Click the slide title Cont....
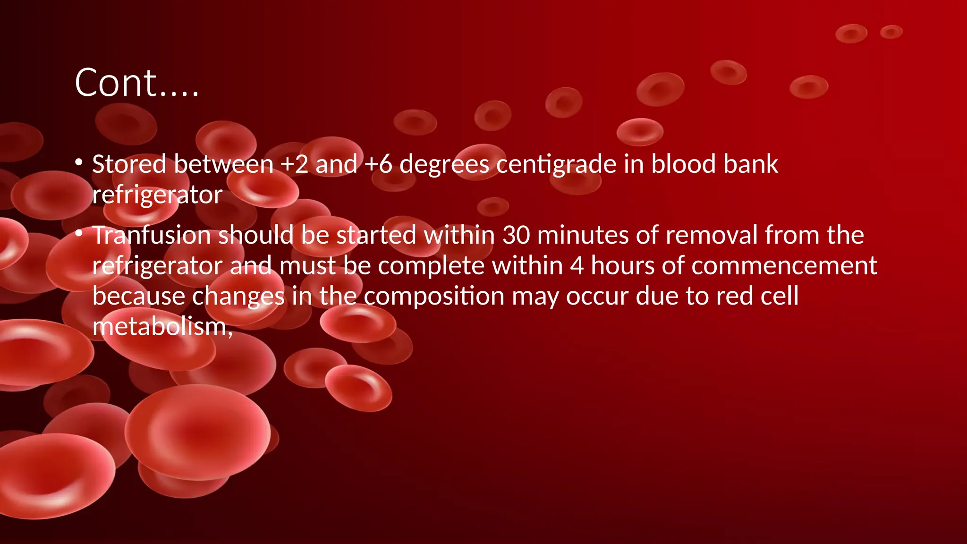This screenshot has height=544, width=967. pyautogui.click(x=136, y=83)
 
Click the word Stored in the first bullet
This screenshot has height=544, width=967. pyautogui.click(x=129, y=164)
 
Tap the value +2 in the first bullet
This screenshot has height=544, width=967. pyautogui.click(x=294, y=164)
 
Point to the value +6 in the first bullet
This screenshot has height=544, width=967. pyautogui.click(x=378, y=164)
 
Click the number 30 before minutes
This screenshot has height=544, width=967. pyautogui.click(x=516, y=235)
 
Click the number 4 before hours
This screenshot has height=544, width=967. pyautogui.click(x=577, y=266)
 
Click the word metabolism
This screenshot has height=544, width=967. pyautogui.click(x=162, y=327)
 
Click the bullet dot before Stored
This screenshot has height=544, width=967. pyautogui.click(x=79, y=163)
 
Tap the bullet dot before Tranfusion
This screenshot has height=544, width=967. pyautogui.click(x=79, y=233)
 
